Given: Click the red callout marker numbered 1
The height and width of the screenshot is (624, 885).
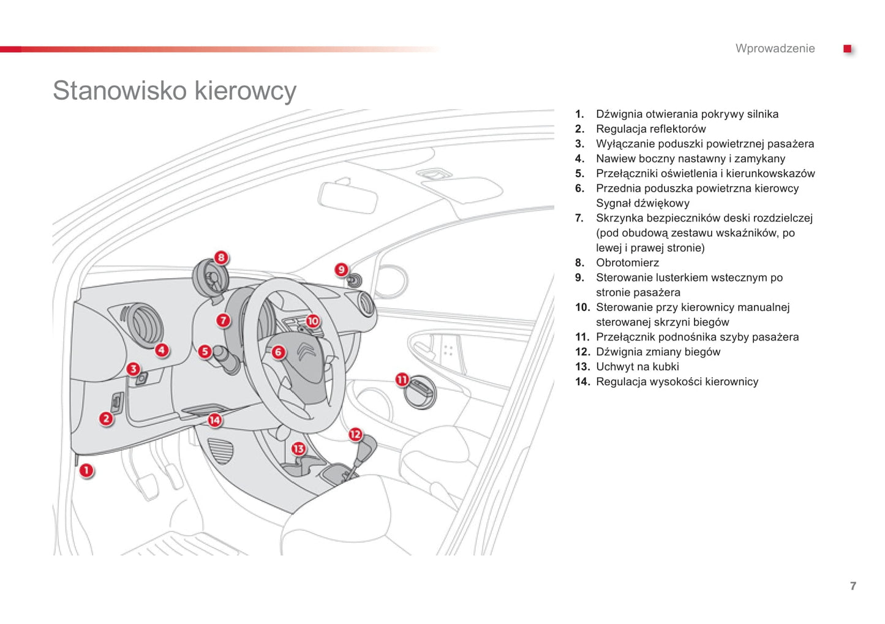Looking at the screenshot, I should coord(86,470).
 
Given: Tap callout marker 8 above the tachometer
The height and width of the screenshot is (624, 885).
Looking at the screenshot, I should coord(221,257).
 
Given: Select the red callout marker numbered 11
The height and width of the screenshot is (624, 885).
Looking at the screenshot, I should coord(402,380).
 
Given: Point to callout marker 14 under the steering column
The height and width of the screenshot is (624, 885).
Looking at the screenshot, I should coord(214,420).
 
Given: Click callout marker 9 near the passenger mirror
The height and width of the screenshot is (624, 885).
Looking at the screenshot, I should coord(341,269).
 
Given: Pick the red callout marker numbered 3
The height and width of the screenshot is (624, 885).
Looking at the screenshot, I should coord(133,369).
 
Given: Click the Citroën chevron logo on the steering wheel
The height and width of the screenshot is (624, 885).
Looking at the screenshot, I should coord(306,352).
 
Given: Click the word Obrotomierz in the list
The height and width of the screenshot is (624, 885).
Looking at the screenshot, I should coord(627,263).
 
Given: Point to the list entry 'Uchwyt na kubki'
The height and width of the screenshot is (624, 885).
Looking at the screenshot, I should coord(637,367).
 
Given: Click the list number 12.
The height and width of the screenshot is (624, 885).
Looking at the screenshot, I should coord(582,352).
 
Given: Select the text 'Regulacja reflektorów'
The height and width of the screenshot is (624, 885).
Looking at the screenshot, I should coord(650,129).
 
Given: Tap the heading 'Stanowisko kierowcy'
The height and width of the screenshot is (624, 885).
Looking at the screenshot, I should coord(175,91).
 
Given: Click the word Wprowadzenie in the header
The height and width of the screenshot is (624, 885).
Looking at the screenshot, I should coord(775,49).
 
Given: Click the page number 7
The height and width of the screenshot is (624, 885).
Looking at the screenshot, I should coord(853,586).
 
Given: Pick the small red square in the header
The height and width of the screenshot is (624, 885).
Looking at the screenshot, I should coord(847,49).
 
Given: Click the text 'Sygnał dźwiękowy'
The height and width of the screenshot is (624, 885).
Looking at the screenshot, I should coord(642,203).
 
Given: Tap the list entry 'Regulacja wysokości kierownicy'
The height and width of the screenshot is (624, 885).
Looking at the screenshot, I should coord(677,382).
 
